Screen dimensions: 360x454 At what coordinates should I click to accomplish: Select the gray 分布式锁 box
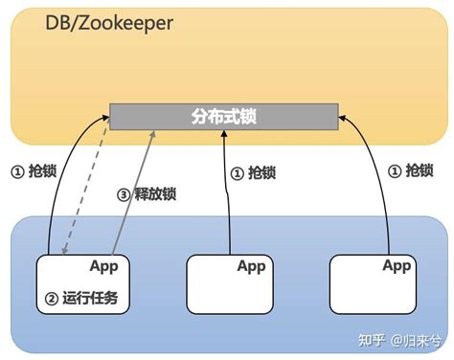223,117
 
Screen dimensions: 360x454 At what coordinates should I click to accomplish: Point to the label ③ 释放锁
147,194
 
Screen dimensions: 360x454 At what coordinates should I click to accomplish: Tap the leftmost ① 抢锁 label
33,172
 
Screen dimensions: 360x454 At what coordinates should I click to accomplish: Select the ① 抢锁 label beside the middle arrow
253,173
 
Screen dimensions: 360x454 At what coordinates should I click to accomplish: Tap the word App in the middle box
251,266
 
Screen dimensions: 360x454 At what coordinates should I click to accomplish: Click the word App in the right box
396,265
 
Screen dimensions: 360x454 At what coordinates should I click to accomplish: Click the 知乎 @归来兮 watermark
397,340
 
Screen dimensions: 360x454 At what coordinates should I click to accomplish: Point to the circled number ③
123,194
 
